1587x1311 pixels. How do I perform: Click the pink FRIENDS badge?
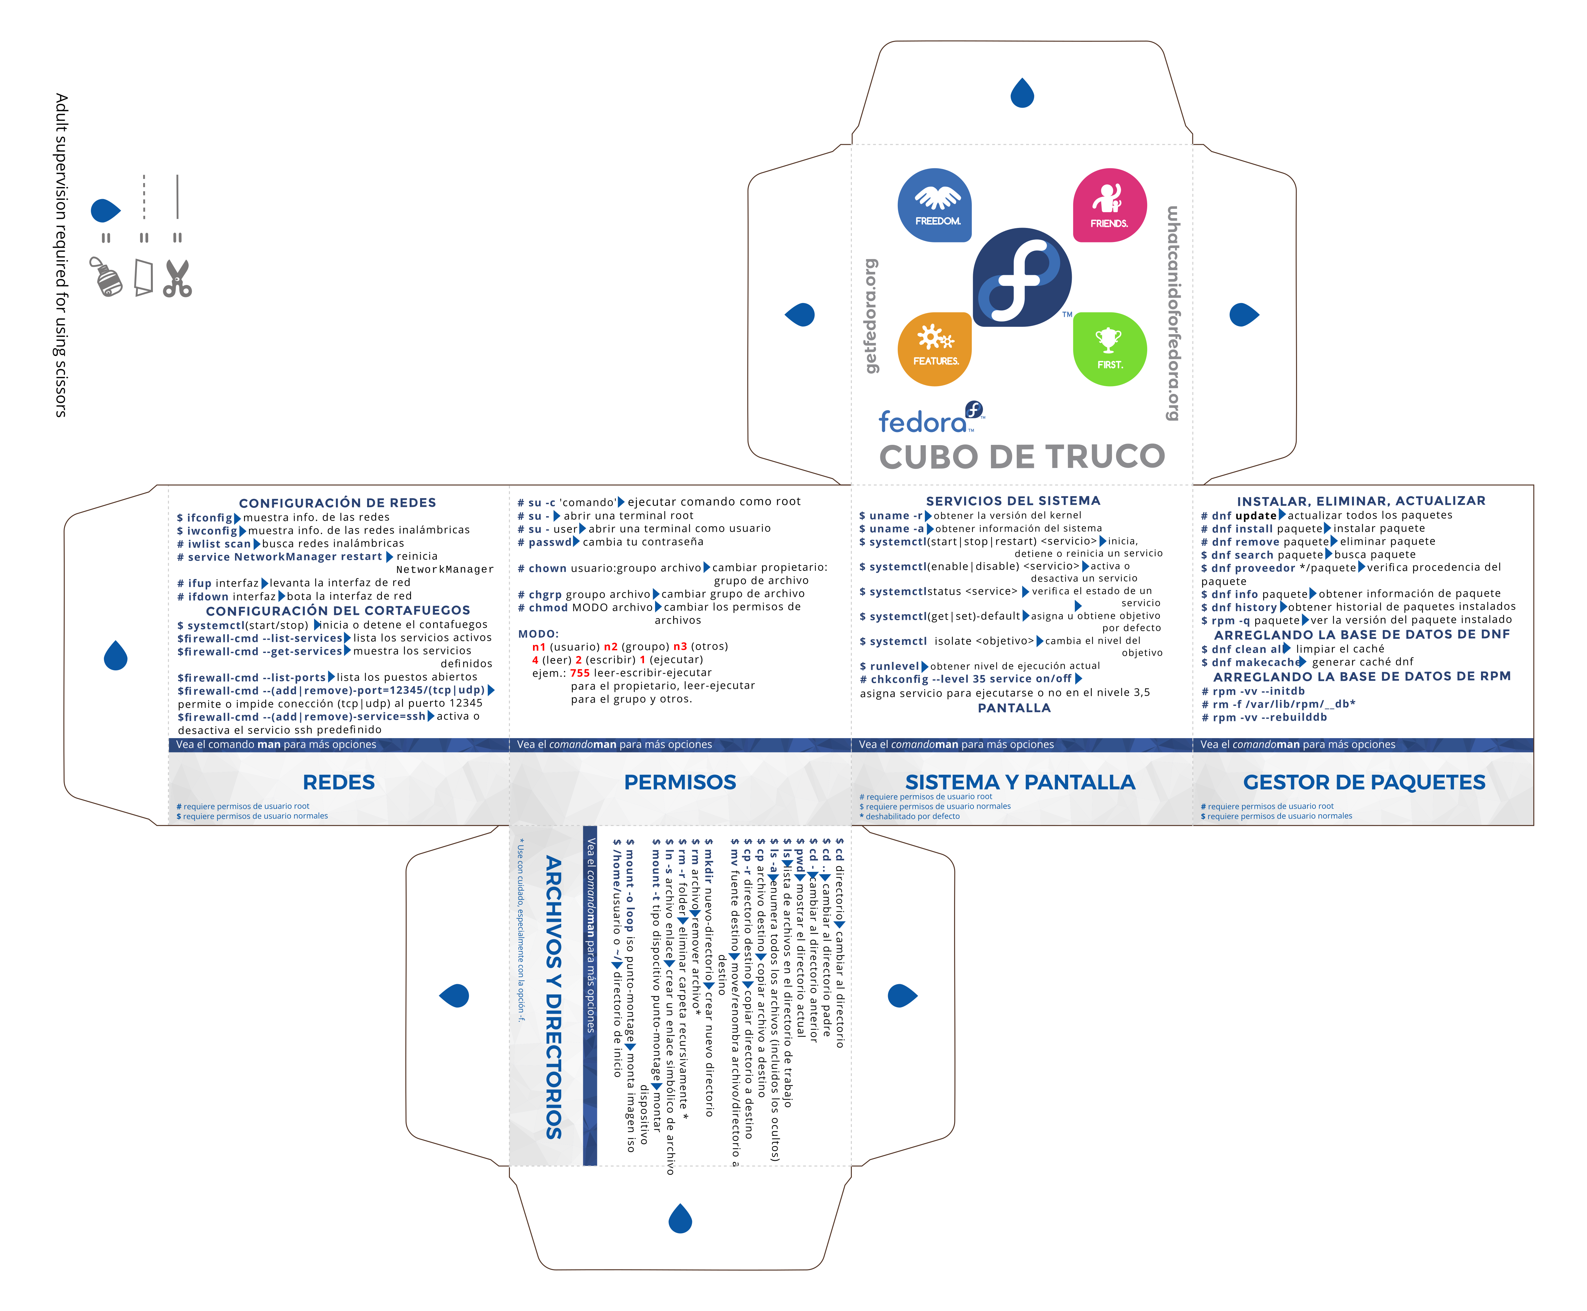(x=1110, y=205)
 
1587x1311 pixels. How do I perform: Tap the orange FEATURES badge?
(x=934, y=349)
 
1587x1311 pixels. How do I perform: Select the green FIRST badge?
(x=1110, y=349)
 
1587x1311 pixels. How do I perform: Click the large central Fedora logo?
(x=1021, y=277)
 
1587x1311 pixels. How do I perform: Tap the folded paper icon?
(x=143, y=278)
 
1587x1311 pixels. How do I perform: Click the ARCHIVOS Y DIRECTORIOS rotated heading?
(x=554, y=997)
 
